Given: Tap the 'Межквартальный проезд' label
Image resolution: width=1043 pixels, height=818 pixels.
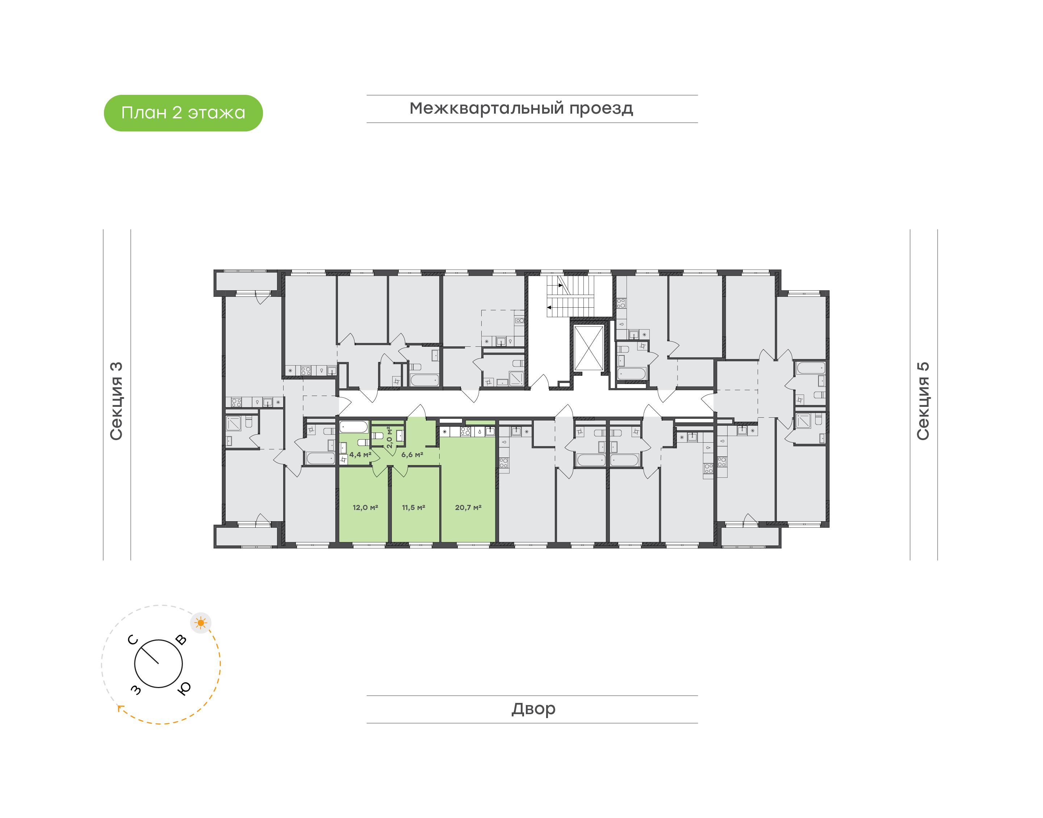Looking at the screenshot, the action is coord(521,109).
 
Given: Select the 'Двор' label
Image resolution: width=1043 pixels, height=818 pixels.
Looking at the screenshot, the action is coord(533,709).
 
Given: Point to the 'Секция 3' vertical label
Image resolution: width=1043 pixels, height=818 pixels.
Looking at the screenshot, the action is coord(116,401).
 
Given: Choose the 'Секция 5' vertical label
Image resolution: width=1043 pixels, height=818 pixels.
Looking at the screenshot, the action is coord(923,401).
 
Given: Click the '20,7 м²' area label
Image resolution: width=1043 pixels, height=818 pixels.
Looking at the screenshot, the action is coord(468,507).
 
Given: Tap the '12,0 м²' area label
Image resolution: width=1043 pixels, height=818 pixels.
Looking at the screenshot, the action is coord(365,507).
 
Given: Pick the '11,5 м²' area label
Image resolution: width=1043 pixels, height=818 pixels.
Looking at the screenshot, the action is coord(414,507).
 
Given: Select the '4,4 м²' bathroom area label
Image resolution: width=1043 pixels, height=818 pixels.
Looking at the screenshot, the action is coord(360,455).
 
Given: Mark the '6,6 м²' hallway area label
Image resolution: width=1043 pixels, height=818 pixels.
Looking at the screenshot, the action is coord(412,455).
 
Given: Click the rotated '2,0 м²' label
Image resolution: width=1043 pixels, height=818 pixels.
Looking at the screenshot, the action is coord(390,437).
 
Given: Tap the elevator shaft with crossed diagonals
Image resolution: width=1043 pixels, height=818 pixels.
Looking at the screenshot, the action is coord(589,348).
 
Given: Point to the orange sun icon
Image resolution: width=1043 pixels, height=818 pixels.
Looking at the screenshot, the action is coord(201,623).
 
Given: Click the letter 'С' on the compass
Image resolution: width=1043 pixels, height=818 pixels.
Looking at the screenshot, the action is coord(133,640).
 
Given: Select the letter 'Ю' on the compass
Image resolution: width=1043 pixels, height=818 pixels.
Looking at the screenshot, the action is coord(184,688).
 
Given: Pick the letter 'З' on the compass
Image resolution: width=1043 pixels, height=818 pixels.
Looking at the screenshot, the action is coord(136,689).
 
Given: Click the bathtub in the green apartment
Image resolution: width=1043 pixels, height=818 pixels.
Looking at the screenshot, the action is coord(353,427).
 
